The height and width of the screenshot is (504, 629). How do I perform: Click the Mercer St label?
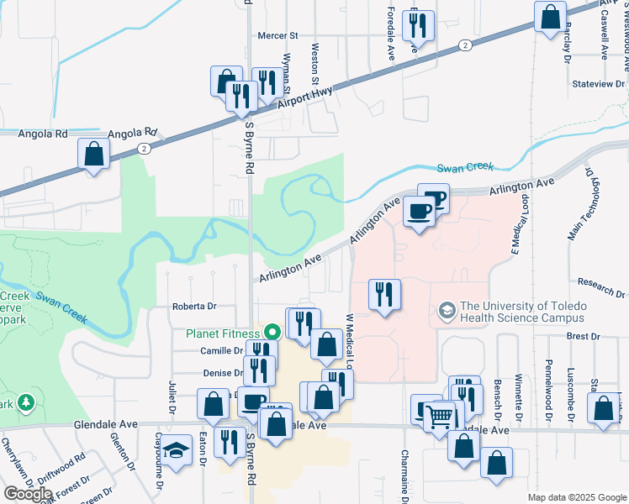278,36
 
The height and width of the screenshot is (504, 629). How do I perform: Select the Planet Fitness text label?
222,333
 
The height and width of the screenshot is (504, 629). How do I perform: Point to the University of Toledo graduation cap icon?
447,312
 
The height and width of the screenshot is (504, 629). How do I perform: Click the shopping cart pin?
439,415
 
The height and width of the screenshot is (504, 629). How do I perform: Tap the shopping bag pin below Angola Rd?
93,154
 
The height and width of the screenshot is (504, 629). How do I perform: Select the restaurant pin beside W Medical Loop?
383,295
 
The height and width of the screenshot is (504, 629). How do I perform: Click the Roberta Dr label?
194,307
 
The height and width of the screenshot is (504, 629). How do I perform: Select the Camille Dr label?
220,350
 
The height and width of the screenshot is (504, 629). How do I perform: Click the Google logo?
28,493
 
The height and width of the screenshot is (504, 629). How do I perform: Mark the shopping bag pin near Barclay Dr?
550,17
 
